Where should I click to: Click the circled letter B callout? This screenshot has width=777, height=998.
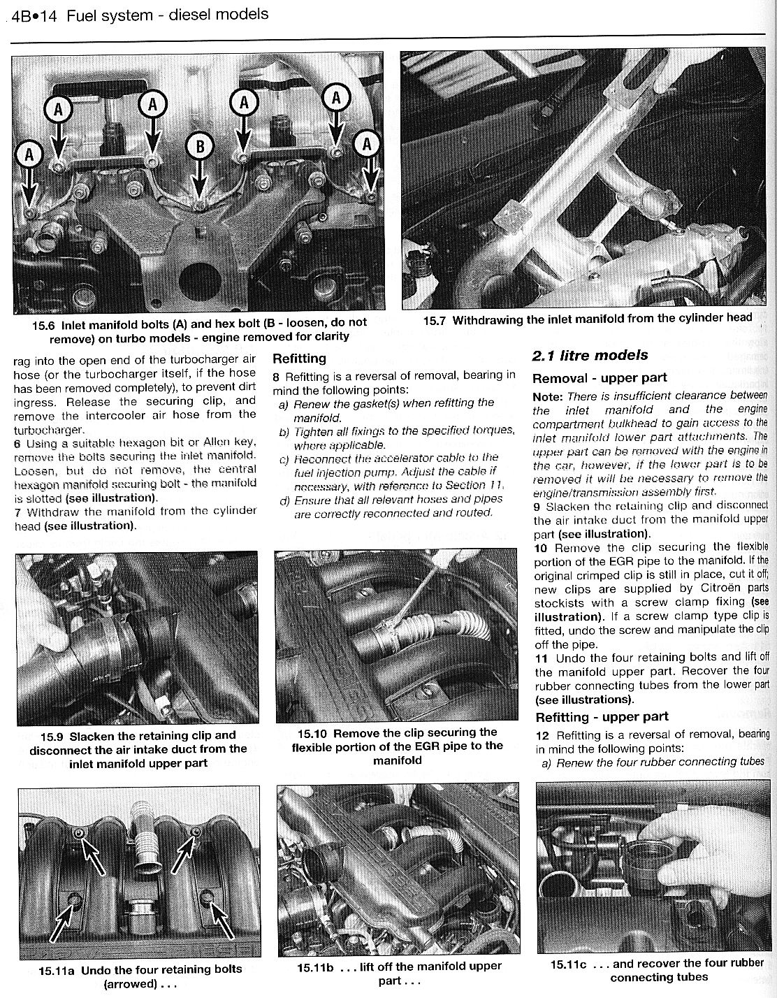(199, 147)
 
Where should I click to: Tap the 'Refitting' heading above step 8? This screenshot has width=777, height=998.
(299, 359)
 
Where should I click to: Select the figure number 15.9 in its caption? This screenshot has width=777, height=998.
(53, 735)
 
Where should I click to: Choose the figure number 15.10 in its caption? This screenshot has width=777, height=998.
(312, 733)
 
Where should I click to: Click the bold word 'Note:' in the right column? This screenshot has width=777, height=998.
(547, 396)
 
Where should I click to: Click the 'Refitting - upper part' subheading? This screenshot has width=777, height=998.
(602, 716)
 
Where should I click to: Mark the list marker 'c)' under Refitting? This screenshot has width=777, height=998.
(284, 458)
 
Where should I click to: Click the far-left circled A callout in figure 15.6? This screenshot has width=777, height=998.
(29, 155)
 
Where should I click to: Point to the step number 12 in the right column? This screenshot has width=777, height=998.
(542, 735)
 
